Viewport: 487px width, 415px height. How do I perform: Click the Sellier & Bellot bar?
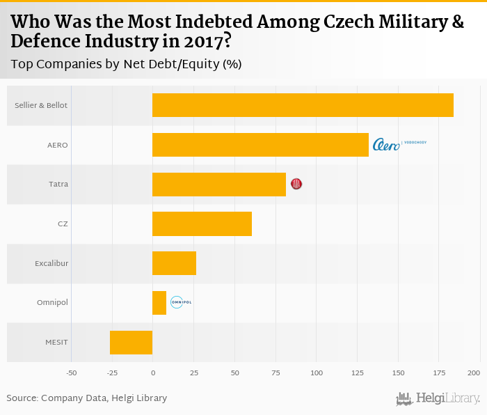tap(303, 105)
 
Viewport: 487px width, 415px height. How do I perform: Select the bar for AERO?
tap(260, 145)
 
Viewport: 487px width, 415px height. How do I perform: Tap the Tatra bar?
tap(219, 184)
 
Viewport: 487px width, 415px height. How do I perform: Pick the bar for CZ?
tap(202, 224)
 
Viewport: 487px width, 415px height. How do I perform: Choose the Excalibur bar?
tap(174, 263)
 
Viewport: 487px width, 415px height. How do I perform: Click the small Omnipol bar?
tap(159, 303)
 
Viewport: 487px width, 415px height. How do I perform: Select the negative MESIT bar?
tap(131, 343)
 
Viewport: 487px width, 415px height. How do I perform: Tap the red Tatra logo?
tap(296, 184)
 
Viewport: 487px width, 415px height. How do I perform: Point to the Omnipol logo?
tap(180, 302)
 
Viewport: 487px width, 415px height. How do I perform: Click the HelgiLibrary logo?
tap(438, 398)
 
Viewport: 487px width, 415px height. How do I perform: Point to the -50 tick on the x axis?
tap(71, 373)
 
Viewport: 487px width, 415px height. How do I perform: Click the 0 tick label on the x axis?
tap(152, 373)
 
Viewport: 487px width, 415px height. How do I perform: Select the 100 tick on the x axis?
tap(317, 373)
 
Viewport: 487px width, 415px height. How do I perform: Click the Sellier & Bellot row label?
tap(41, 105)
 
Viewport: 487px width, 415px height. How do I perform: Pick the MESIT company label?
tap(56, 343)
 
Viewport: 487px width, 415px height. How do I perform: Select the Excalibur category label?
tap(51, 263)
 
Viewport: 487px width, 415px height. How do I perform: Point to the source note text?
tap(87, 398)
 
